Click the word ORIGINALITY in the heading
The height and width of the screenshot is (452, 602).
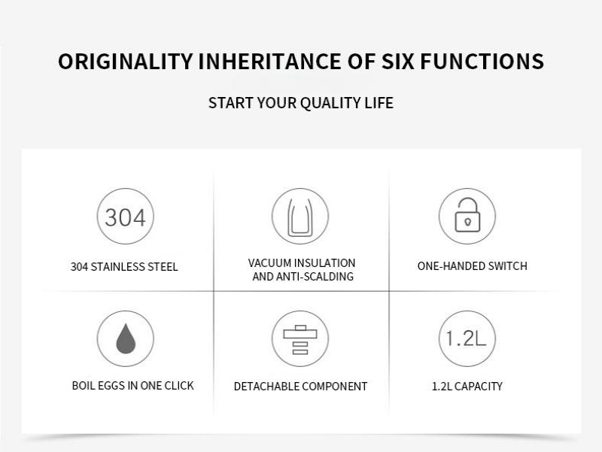(125, 62)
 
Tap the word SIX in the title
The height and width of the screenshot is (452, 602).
(398, 62)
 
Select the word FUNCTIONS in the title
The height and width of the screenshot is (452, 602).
(482, 62)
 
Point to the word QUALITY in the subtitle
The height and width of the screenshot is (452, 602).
(330, 103)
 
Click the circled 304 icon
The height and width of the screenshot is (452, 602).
(125, 216)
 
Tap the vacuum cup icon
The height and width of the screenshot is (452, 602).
(300, 216)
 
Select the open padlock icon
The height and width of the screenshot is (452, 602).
(467, 216)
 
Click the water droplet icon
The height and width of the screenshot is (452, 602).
(126, 338)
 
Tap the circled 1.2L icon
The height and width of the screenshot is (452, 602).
(467, 338)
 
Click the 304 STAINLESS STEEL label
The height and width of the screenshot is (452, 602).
(124, 267)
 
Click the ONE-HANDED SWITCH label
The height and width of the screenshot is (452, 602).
(473, 266)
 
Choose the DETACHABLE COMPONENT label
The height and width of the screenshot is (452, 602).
(300, 387)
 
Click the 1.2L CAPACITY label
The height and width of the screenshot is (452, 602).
(467, 387)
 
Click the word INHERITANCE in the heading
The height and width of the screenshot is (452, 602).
(269, 62)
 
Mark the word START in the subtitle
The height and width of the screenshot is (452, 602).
(231, 103)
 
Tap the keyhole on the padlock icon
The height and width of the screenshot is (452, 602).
(467, 222)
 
